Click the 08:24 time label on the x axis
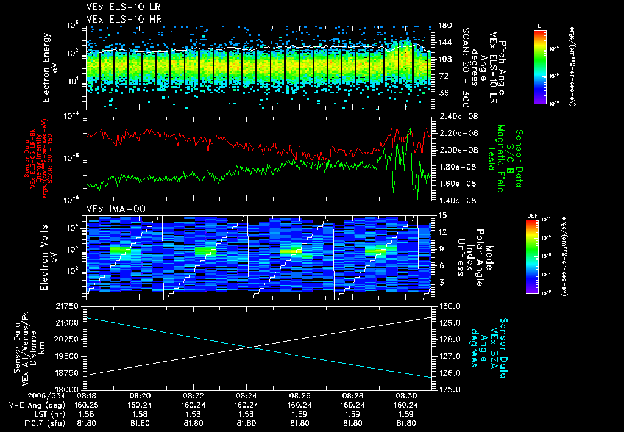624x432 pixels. [246, 395]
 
